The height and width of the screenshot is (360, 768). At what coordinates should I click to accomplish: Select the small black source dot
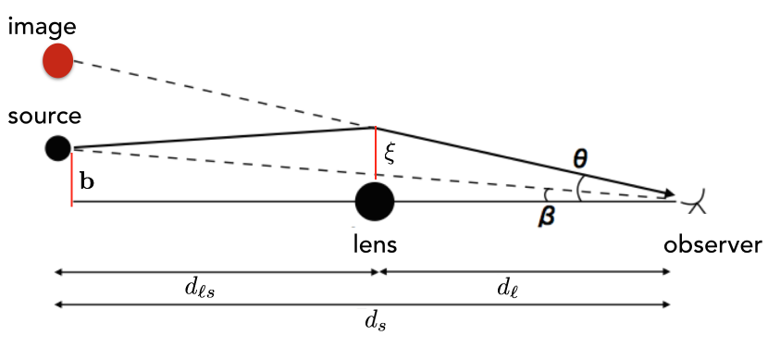pos(58,147)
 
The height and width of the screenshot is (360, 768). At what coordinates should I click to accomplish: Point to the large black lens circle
pos(375,201)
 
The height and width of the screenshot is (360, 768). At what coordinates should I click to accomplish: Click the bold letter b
pos(86,180)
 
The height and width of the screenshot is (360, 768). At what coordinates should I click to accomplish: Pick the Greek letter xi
pos(390,153)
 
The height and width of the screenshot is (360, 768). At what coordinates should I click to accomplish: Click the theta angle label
pos(580,158)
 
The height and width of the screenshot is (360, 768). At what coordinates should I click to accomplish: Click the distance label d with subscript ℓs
pos(202,287)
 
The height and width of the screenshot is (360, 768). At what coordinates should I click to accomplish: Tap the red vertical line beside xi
pos(375,154)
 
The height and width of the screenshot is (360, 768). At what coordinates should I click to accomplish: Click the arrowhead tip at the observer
pos(671,194)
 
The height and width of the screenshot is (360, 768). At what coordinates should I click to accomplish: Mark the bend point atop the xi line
pos(375,128)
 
